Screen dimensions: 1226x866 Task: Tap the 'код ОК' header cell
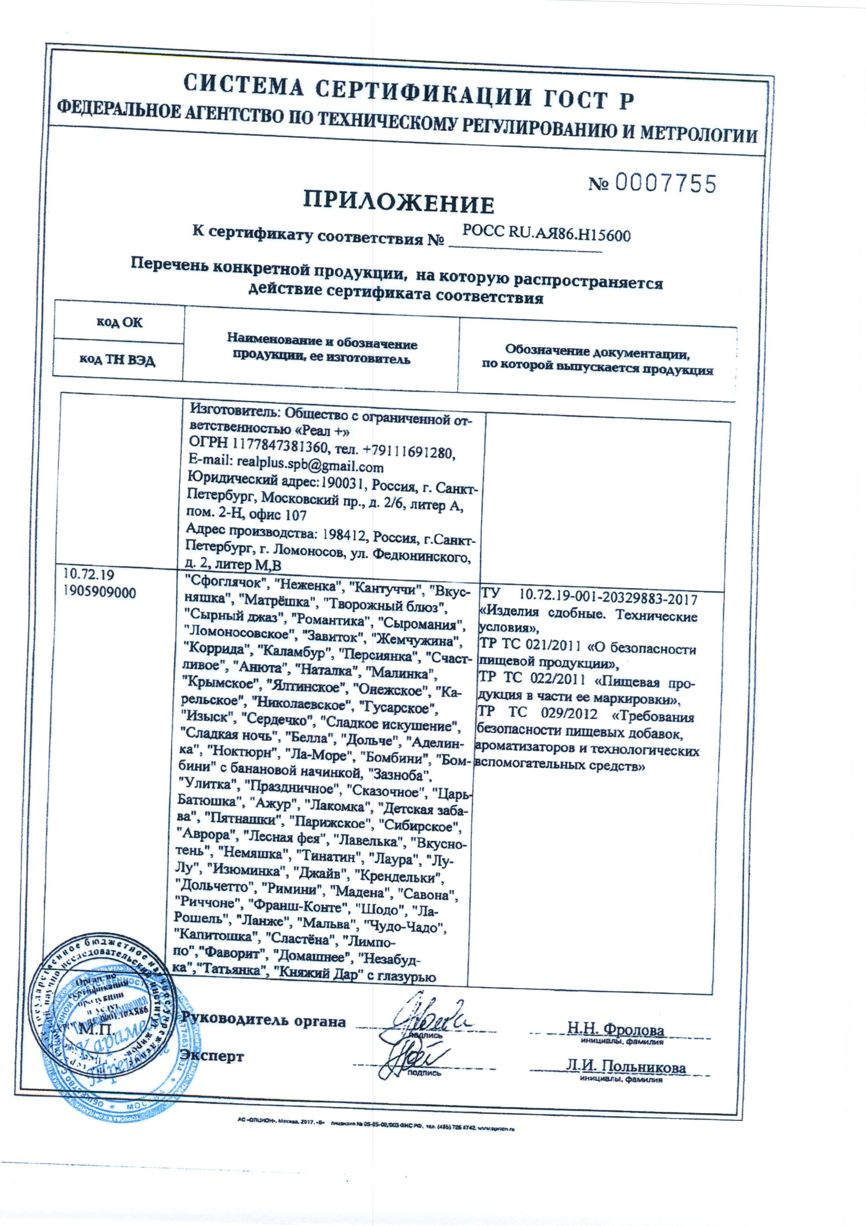[119, 322]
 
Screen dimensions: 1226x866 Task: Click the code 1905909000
[99, 593]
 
